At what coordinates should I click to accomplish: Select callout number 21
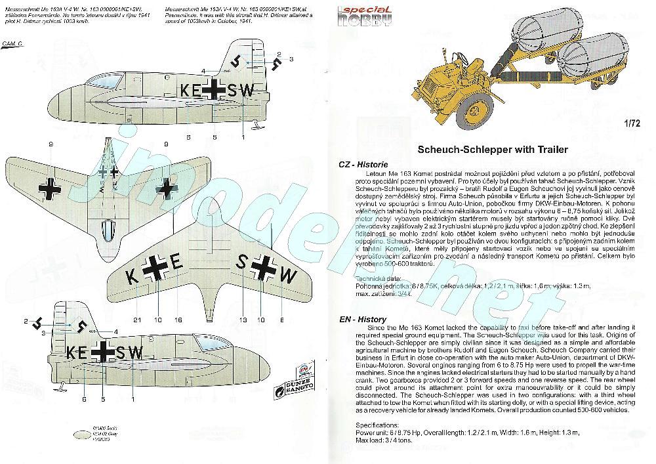136,320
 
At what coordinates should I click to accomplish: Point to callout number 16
178,320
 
